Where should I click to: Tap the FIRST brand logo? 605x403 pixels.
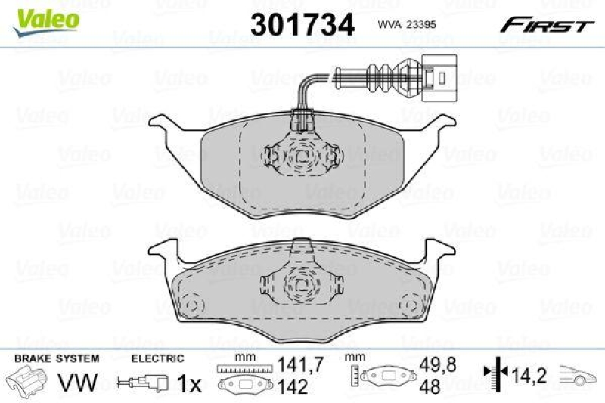point(544,26)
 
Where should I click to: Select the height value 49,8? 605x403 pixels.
point(431,364)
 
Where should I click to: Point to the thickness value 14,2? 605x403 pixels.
point(526,373)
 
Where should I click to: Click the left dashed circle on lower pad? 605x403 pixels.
point(191,305)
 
